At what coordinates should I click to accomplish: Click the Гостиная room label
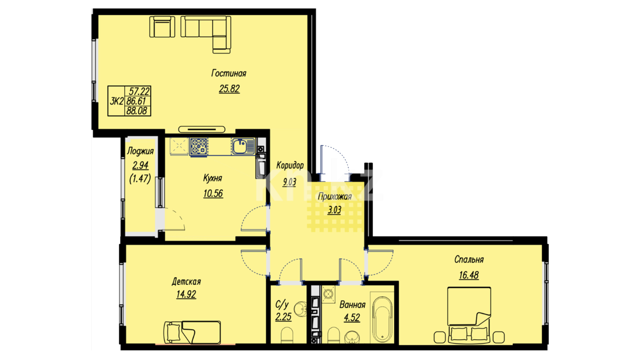[229, 73]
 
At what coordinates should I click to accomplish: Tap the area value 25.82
[229, 89]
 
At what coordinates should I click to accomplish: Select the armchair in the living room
[162, 27]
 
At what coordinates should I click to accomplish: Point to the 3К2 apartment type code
[117, 101]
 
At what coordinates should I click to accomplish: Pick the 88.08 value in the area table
[137, 111]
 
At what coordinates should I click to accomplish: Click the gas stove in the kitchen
[199, 147]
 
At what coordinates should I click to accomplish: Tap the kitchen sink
[243, 146]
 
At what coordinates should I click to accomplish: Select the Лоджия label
[140, 151]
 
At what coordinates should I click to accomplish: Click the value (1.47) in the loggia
[140, 179]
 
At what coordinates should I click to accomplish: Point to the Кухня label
[213, 178]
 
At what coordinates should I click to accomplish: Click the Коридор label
[290, 165]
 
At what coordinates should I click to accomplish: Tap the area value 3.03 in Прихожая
[334, 210]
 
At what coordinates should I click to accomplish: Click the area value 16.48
[469, 275]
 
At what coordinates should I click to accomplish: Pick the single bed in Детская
[192, 332]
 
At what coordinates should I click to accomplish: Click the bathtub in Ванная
[382, 319]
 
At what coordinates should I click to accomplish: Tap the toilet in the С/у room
[287, 335]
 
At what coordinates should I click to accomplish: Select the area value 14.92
[186, 294]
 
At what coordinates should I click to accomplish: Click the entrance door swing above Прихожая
[334, 160]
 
